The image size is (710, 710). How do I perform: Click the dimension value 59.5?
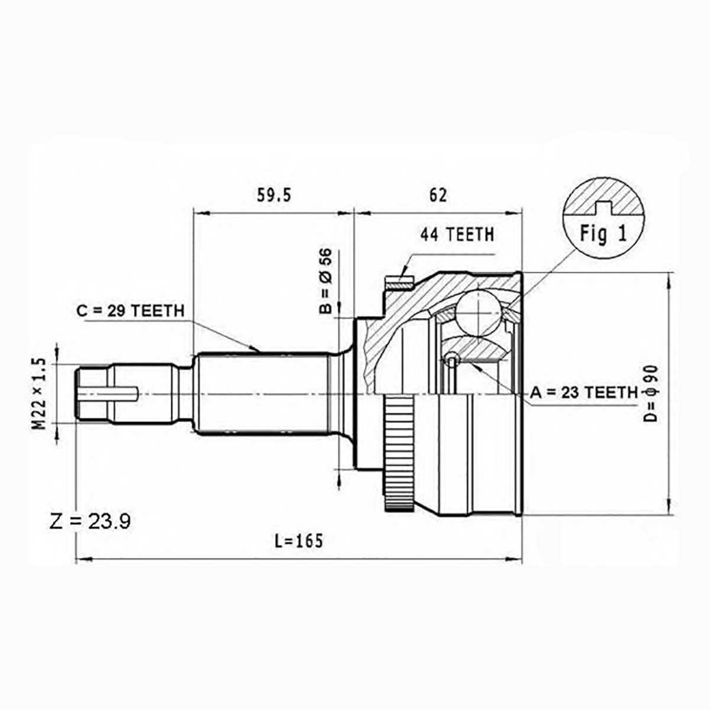click(x=274, y=195)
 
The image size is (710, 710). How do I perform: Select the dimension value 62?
click(x=438, y=195)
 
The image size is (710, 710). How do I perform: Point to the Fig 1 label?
click(x=603, y=234)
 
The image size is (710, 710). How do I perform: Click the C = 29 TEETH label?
click(x=130, y=311)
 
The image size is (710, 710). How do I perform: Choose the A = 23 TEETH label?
click(x=584, y=393)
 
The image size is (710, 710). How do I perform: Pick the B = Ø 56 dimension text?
click(x=325, y=281)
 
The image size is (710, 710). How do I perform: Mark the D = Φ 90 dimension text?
click(x=652, y=393)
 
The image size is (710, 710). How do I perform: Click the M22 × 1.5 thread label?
click(x=40, y=394)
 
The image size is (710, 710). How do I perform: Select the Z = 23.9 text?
click(x=90, y=521)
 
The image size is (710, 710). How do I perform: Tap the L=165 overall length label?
click(x=299, y=541)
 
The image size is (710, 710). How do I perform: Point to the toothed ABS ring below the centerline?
click(x=398, y=454)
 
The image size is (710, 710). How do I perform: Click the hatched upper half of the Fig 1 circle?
click(x=603, y=197)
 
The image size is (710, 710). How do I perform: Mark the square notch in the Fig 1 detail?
click(x=603, y=208)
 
